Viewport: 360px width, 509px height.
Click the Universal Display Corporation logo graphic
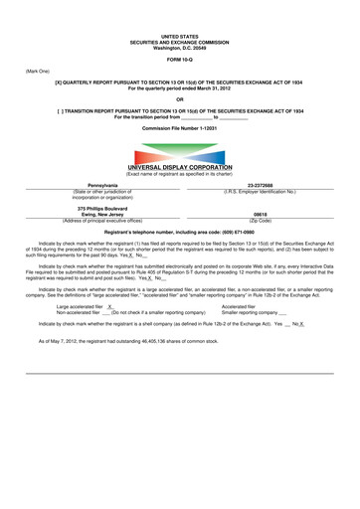[179, 156]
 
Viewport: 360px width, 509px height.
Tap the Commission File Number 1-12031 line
[180, 129]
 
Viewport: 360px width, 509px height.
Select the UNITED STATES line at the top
[180, 36]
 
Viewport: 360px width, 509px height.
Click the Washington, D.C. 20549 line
[180, 47]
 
